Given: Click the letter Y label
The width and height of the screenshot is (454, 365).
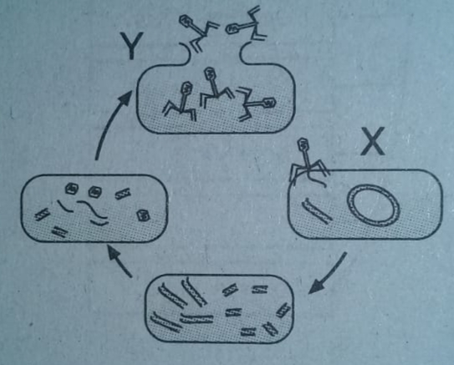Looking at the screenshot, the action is point(132,45).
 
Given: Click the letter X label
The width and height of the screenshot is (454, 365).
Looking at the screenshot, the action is point(373,141).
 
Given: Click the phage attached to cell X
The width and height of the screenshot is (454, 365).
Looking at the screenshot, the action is point(308,162).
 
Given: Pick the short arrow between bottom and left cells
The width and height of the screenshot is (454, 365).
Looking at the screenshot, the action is point(120,261).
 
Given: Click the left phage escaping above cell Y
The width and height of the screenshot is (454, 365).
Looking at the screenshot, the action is point(199,33).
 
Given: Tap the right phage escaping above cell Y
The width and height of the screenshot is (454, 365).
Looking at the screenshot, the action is point(246,24).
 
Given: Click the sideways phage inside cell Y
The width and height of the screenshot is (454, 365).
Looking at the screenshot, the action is point(255,104).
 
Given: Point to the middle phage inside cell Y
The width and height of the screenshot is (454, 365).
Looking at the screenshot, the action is point(215,87).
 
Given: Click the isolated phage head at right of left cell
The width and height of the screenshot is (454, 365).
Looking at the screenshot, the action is point(143,215).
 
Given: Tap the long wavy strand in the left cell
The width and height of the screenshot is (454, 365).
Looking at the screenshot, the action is point(92,209).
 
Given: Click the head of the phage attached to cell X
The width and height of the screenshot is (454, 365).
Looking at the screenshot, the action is point(304,143).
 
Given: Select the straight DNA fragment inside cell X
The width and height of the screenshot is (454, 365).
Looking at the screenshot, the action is point(317,210).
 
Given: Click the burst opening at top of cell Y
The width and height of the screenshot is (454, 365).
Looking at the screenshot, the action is point(215,53).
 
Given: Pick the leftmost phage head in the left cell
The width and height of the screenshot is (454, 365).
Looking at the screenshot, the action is point(70,189).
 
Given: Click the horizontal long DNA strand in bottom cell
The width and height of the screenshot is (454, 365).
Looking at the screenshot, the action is point(196,318).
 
